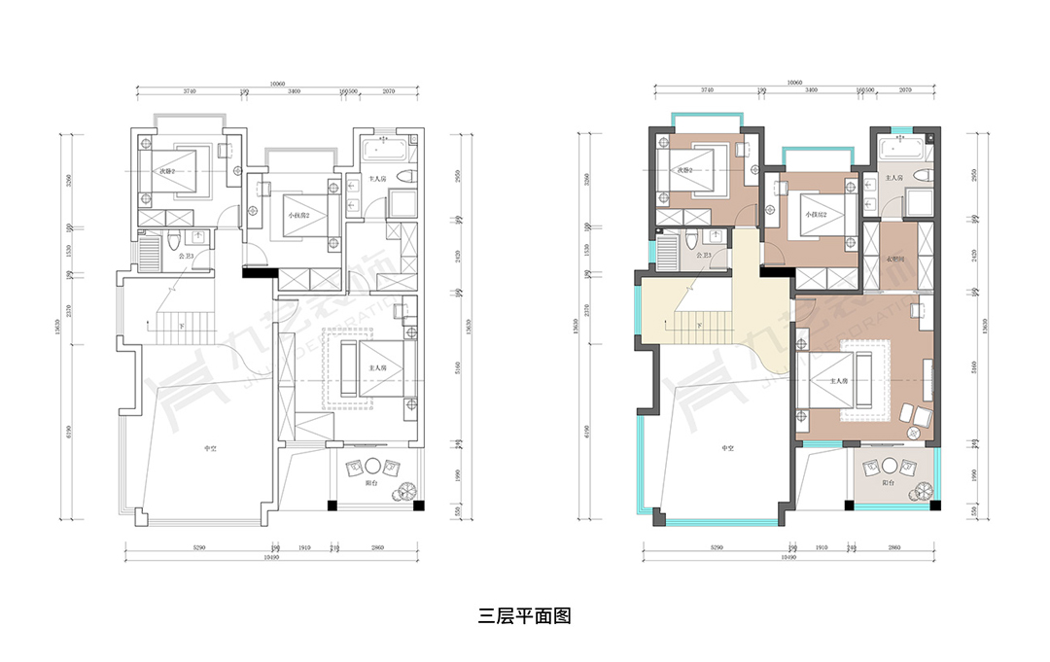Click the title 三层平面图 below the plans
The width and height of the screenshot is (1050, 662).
tap(524, 615)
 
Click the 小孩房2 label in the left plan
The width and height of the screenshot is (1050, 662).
tap(297, 214)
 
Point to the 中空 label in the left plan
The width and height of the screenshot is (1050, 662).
tap(209, 448)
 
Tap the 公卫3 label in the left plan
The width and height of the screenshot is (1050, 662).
tap(187, 256)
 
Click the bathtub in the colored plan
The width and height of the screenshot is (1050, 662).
tap(901, 150)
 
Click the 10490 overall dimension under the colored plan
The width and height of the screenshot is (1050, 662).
tap(793, 559)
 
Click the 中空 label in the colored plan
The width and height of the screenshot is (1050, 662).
tap(726, 448)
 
